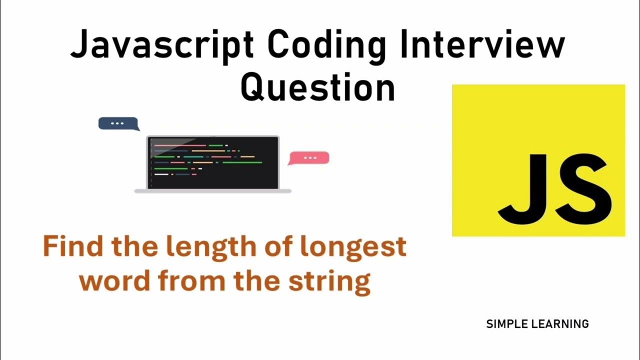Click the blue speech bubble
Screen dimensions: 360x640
[117, 123]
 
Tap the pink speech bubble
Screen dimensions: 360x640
[309, 157]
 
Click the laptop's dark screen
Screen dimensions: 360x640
[213, 162]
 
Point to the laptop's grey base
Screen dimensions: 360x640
[213, 191]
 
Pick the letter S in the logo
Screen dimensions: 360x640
[583, 185]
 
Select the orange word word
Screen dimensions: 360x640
[114, 281]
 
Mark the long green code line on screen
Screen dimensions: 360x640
[242, 162]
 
